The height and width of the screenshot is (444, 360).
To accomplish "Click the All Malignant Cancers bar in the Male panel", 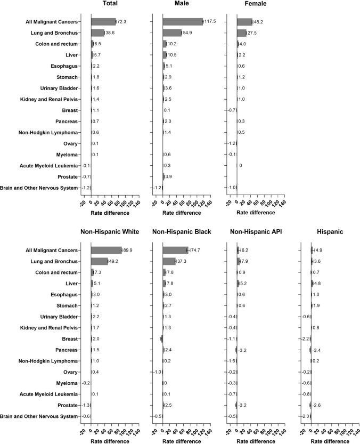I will (x=183, y=21).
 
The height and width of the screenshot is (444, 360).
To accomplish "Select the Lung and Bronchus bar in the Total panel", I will (x=97, y=33).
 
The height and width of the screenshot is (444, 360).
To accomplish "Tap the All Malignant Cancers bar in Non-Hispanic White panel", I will (x=106, y=250).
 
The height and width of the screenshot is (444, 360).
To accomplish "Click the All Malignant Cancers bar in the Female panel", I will (x=244, y=21).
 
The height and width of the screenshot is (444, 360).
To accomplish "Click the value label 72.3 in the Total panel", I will (x=123, y=21).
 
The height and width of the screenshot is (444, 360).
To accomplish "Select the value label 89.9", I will (x=129, y=250).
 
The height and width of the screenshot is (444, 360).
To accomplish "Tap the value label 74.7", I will (x=196, y=250).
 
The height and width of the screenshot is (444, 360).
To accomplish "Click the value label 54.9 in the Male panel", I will (x=190, y=33).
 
